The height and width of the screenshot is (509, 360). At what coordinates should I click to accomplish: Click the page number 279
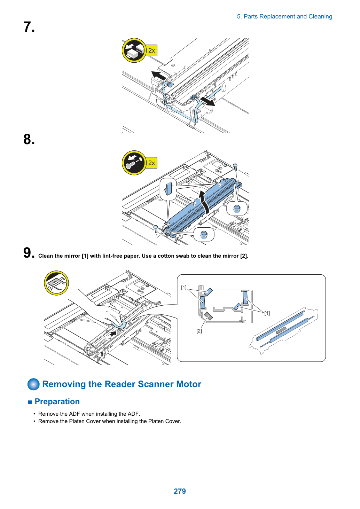pyautogui.click(x=180, y=491)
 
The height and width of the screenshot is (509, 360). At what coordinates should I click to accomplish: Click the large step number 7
pyautogui.click(x=29, y=27)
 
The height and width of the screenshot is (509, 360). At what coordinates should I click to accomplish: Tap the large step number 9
pyautogui.click(x=29, y=252)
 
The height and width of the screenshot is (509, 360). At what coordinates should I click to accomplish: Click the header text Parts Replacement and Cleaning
pyautogui.click(x=288, y=17)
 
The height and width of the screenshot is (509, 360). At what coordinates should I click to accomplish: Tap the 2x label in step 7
pyautogui.click(x=151, y=50)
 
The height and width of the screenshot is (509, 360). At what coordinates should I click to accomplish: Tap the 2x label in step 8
pyautogui.click(x=151, y=163)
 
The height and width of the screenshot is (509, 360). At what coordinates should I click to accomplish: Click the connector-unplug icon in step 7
pyautogui.click(x=134, y=50)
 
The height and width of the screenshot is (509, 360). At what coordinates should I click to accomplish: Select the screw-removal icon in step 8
pyautogui.click(x=134, y=163)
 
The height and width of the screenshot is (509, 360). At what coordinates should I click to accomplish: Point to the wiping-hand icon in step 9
pyautogui.click(x=56, y=283)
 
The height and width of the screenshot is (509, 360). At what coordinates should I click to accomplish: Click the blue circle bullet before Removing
pyautogui.click(x=34, y=384)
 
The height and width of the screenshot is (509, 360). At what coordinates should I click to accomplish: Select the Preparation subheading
pyautogui.click(x=57, y=401)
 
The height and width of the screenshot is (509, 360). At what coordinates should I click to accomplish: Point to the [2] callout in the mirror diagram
pyautogui.click(x=199, y=331)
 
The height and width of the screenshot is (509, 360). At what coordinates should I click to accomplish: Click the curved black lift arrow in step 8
pyautogui.click(x=205, y=202)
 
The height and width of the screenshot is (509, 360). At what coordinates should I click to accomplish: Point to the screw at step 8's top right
pyautogui.click(x=235, y=167)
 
